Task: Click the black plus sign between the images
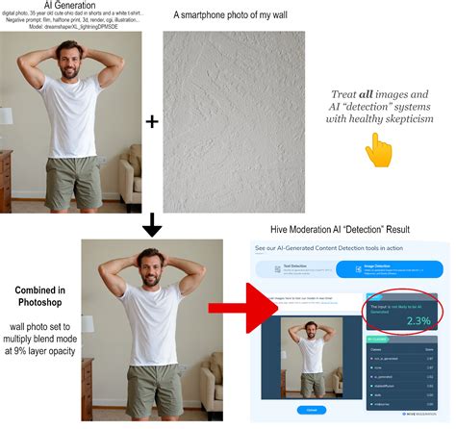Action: tap(152, 122)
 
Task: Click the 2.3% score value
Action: tap(418, 320)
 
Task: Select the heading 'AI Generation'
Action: tap(71, 6)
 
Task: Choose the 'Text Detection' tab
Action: tap(297, 269)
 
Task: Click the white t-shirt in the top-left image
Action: tap(71, 115)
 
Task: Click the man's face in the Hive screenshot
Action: tap(310, 332)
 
